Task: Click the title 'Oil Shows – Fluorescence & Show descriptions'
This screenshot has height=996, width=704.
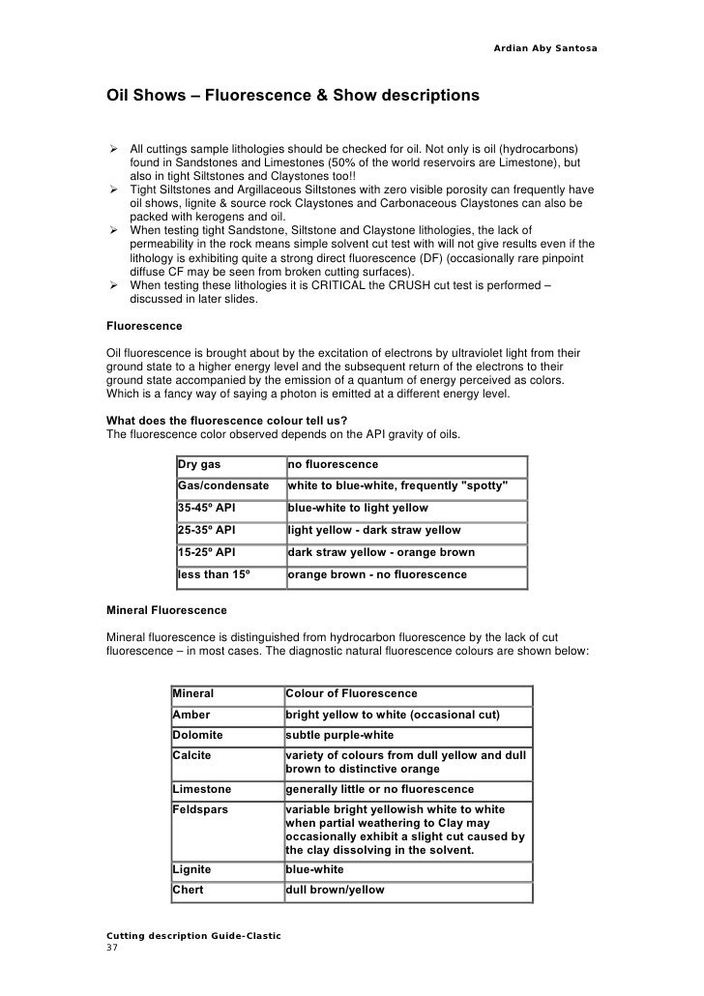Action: click(291, 97)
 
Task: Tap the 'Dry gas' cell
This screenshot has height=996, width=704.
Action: click(199, 465)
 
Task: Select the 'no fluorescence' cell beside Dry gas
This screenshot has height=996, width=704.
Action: click(333, 465)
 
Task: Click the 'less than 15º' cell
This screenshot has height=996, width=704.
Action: click(214, 574)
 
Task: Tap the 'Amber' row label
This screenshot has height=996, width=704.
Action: click(191, 715)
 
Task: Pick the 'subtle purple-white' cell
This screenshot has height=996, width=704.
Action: click(344, 735)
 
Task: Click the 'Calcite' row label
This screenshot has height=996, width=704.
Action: click(191, 754)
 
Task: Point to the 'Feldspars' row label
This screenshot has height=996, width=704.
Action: click(200, 808)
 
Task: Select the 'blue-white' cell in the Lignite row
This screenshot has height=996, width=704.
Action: click(315, 869)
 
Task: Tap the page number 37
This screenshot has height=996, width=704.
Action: click(111, 948)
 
